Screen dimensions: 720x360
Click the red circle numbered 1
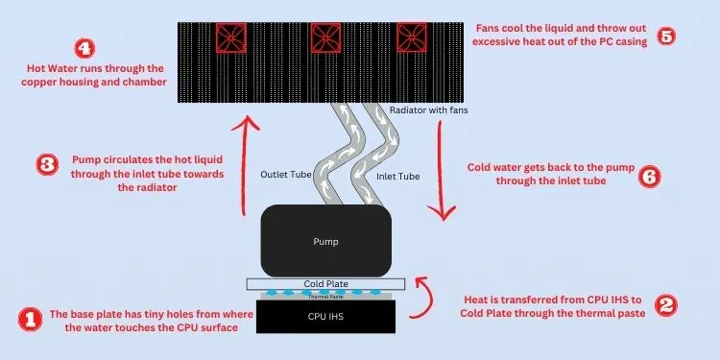click(31, 320)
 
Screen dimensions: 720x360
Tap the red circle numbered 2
click(666, 305)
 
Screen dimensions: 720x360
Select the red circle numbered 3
click(47, 165)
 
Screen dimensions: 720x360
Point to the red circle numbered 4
click(84, 49)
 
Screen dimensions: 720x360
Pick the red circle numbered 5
click(666, 36)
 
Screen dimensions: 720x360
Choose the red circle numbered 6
click(650, 177)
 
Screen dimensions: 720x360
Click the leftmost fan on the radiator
click(231, 38)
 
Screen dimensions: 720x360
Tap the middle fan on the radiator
click(325, 38)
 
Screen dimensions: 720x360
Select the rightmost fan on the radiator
click(412, 37)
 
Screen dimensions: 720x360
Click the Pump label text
click(325, 241)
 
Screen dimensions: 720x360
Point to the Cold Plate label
click(325, 284)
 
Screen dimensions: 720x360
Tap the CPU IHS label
click(325, 317)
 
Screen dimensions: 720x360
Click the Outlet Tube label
click(286, 175)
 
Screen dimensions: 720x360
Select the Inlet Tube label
click(398, 176)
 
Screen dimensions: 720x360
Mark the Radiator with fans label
click(429, 110)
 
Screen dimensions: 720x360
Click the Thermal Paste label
click(325, 297)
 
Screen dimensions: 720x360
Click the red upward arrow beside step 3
click(244, 165)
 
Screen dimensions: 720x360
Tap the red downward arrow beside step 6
click(442, 171)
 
